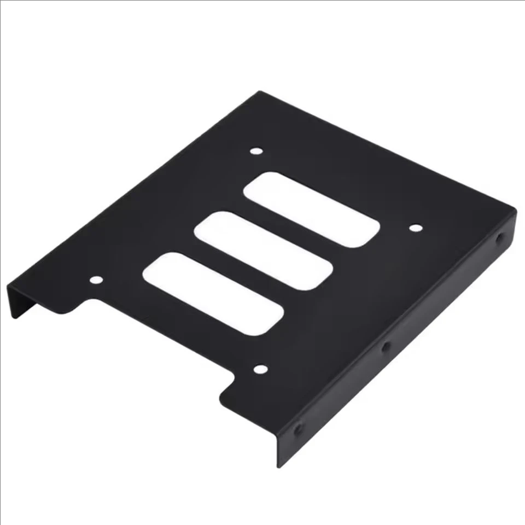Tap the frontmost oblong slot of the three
[213, 293]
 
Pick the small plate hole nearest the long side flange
[416, 227]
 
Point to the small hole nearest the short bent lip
[96, 280]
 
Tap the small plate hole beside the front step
[260, 370]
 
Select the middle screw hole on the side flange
[385, 346]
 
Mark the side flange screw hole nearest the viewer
[298, 429]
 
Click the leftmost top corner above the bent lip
[8, 287]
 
